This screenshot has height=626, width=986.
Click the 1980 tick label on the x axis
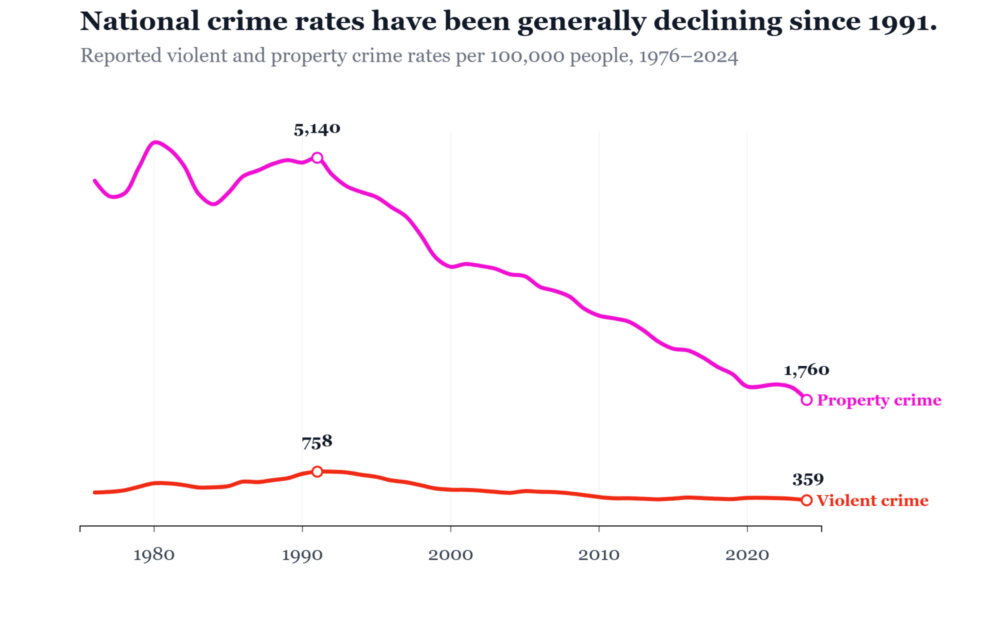pyautogui.click(x=153, y=555)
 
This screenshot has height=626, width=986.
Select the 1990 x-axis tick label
pyautogui.click(x=302, y=555)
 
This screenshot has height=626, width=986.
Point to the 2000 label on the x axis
pyautogui.click(x=451, y=555)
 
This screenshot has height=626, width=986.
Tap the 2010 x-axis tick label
pyautogui.click(x=599, y=555)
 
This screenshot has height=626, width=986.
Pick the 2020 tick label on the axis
pyautogui.click(x=747, y=555)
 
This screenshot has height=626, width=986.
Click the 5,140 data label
pyautogui.click(x=317, y=130)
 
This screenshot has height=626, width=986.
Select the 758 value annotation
pyautogui.click(x=317, y=442)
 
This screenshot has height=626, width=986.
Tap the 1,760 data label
pyautogui.click(x=806, y=370)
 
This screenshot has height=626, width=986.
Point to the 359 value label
pyautogui.click(x=808, y=480)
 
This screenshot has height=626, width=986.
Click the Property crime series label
pyautogui.click(x=879, y=401)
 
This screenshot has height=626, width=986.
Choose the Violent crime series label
pyautogui.click(x=872, y=501)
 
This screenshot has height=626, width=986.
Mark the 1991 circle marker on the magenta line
pyautogui.click(x=317, y=158)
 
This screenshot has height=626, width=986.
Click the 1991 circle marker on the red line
pyautogui.click(x=317, y=472)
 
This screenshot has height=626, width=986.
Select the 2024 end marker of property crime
pyautogui.click(x=807, y=400)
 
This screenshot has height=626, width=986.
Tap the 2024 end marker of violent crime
pyautogui.click(x=807, y=500)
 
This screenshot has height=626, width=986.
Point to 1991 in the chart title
pyautogui.click(x=901, y=22)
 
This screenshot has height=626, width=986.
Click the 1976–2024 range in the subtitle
pyautogui.click(x=688, y=57)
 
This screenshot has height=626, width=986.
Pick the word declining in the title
pyautogui.click(x=718, y=22)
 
